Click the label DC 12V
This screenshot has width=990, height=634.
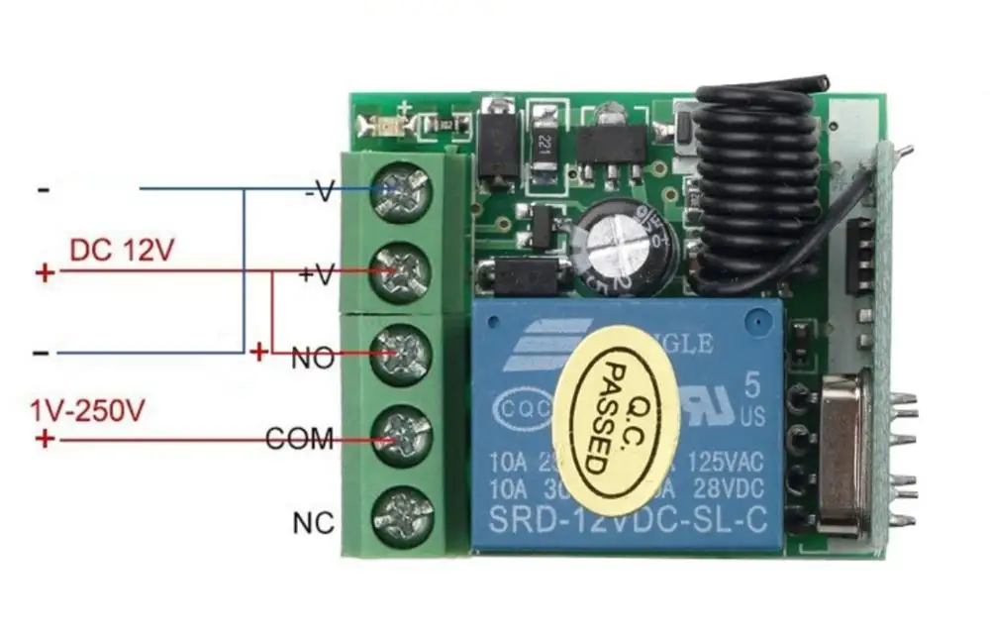click(122, 250)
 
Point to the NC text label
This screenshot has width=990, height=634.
click(314, 522)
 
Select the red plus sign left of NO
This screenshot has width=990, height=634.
click(259, 352)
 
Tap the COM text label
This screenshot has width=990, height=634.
click(300, 439)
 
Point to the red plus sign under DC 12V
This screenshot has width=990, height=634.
click(44, 272)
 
